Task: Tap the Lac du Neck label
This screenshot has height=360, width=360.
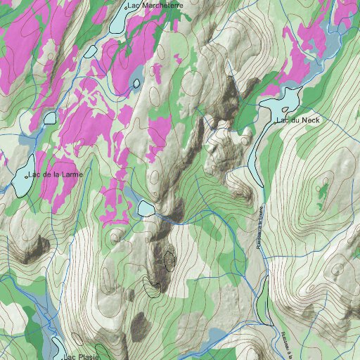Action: pos(300,120)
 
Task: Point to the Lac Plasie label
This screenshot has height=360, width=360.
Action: pos(82,356)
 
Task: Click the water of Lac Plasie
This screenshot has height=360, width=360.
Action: pos(56,348)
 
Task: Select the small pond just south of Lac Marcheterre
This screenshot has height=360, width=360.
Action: pos(90,51)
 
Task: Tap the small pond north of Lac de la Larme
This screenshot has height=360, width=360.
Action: pos(49,117)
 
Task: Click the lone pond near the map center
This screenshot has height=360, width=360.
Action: pos(146,208)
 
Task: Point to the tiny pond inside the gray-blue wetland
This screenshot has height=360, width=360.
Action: pos(136,83)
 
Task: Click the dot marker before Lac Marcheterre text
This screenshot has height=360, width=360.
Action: pos(125,6)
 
